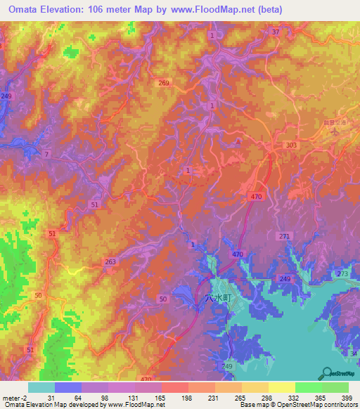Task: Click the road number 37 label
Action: pyautogui.click(x=276, y=32)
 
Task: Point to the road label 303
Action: pyautogui.click(x=292, y=145)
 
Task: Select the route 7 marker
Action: pyautogui.click(x=46, y=154)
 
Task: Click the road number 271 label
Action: pyautogui.click(x=283, y=236)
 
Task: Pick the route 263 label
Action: pyautogui.click(x=110, y=261)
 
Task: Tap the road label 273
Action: pyautogui.click(x=342, y=273)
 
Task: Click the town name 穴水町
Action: pyautogui.click(x=218, y=298)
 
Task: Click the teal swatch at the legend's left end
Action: pyautogui.click(x=41, y=387)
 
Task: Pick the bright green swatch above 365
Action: pyautogui.click(x=308, y=387)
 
